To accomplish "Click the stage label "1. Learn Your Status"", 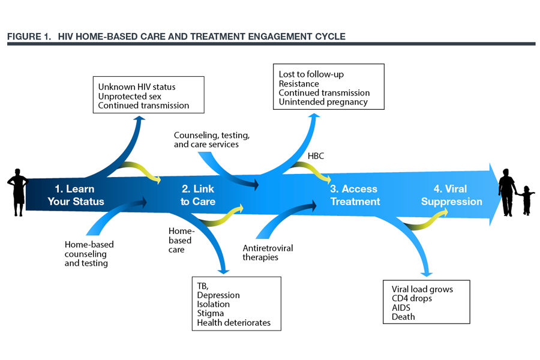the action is click(x=76, y=195).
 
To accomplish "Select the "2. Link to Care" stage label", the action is click(x=198, y=195).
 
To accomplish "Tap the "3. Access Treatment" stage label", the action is click(x=355, y=195).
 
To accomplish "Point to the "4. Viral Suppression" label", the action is click(x=451, y=195).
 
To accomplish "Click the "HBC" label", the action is click(x=316, y=156).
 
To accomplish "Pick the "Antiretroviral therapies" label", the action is click(x=268, y=253).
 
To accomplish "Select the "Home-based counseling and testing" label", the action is click(x=89, y=254).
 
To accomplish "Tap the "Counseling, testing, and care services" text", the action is click(x=211, y=140).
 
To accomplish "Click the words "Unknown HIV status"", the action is click(x=137, y=87).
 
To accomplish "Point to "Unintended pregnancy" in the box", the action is click(x=323, y=102).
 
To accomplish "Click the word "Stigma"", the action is click(x=211, y=313).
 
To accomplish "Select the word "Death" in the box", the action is click(x=403, y=317).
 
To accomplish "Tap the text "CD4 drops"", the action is click(x=412, y=298).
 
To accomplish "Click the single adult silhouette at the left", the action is click(x=17, y=192).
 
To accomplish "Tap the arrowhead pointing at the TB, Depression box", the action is click(x=224, y=271).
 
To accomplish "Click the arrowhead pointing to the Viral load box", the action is click(x=427, y=274).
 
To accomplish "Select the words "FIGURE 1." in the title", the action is click(x=29, y=37).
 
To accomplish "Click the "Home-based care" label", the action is click(x=181, y=240).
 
